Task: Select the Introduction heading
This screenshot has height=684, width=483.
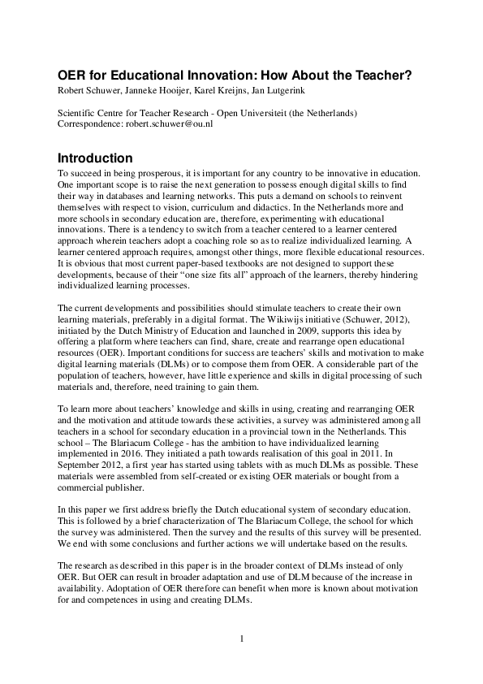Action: [x=95, y=158]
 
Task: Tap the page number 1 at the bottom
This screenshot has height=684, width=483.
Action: [x=242, y=639]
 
